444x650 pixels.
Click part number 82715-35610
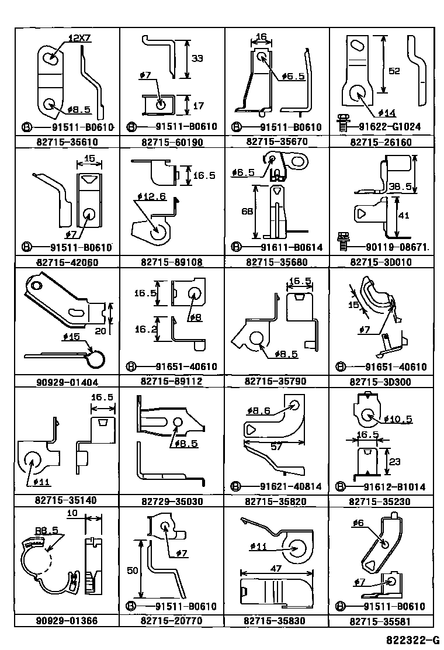(67, 142)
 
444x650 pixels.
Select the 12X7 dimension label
(79, 39)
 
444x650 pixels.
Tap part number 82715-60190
(172, 142)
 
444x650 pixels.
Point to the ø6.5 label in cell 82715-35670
(293, 76)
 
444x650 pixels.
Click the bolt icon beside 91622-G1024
(342, 123)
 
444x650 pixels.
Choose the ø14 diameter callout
(387, 113)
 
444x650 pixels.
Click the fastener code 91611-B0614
(291, 247)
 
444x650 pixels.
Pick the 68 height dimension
(247, 212)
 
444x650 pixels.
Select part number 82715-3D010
(381, 262)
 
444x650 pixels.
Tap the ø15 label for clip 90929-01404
(71, 336)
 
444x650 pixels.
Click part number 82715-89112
(172, 381)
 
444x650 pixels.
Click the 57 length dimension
(276, 446)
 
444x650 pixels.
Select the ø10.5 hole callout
(398, 419)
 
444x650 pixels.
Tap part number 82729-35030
(172, 502)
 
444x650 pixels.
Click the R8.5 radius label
(46, 530)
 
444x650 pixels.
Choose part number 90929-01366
(67, 621)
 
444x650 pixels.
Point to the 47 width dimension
(276, 568)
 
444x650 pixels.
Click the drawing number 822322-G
(412, 639)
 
